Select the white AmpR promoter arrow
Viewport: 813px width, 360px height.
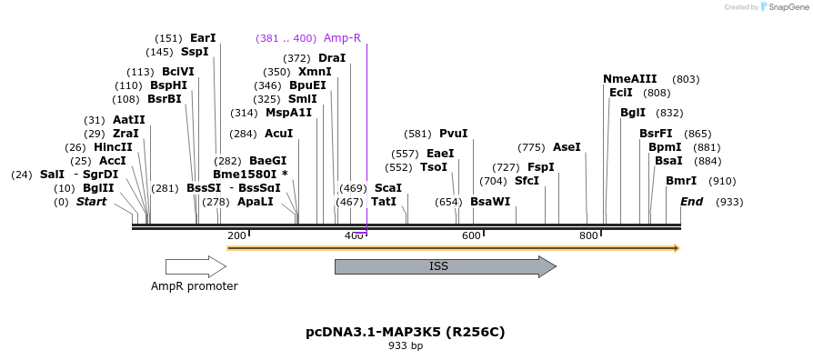coord(195,266)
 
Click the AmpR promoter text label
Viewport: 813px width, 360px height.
coord(195,286)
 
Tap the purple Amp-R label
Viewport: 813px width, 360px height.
coord(342,38)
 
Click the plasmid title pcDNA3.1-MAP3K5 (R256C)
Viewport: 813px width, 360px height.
coord(406,332)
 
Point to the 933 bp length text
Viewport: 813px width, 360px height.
coord(406,346)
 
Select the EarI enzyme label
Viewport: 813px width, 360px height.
coord(203,38)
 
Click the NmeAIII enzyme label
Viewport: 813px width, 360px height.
coord(629,79)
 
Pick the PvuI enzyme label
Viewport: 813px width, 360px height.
coord(453,134)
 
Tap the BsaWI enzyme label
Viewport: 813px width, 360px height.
coord(490,202)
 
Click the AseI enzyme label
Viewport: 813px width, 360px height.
coord(567,147)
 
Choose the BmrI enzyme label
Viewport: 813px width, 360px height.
coord(681,181)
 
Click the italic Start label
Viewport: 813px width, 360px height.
coord(91,202)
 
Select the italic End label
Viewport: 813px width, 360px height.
coord(691,202)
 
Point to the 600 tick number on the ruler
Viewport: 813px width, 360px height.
coord(471,236)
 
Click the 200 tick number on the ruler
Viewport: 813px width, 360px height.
coord(236,236)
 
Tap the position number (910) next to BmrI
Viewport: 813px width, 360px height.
coord(722,181)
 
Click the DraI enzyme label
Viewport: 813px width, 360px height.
coord(332,58)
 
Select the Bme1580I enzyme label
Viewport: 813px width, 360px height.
coord(246,175)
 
